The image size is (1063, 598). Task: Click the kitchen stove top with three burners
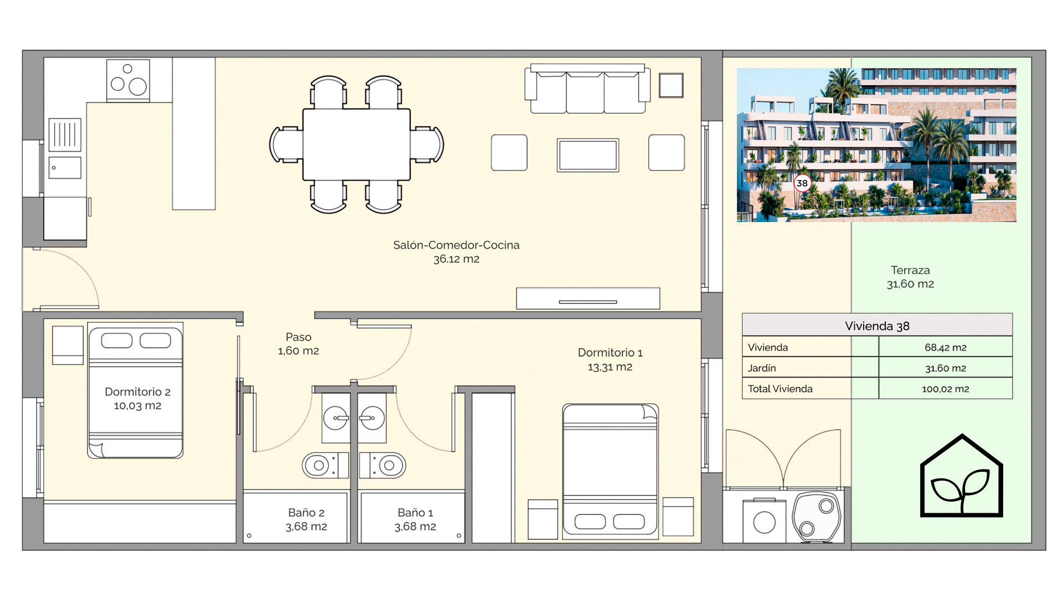tap(128, 81)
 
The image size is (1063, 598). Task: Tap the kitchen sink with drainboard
tap(65, 148)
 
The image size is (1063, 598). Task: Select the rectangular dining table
tap(357, 145)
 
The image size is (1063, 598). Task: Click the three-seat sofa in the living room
tap(587, 89)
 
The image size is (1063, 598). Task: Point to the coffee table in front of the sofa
tap(588, 155)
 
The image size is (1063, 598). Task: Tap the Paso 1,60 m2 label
tap(298, 344)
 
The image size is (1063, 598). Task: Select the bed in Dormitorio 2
tap(135, 390)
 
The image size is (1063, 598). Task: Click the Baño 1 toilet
tap(383, 466)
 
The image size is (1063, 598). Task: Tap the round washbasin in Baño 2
tap(336, 418)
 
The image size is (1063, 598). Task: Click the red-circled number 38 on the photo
tap(802, 183)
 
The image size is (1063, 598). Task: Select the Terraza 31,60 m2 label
tap(910, 277)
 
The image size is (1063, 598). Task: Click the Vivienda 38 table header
tap(877, 326)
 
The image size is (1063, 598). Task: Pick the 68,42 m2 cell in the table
tap(946, 347)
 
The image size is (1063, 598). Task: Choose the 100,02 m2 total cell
tap(946, 389)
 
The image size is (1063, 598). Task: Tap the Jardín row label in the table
tap(762, 368)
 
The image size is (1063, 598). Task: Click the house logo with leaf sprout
tap(962, 476)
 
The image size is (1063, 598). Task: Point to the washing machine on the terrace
tap(765, 520)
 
